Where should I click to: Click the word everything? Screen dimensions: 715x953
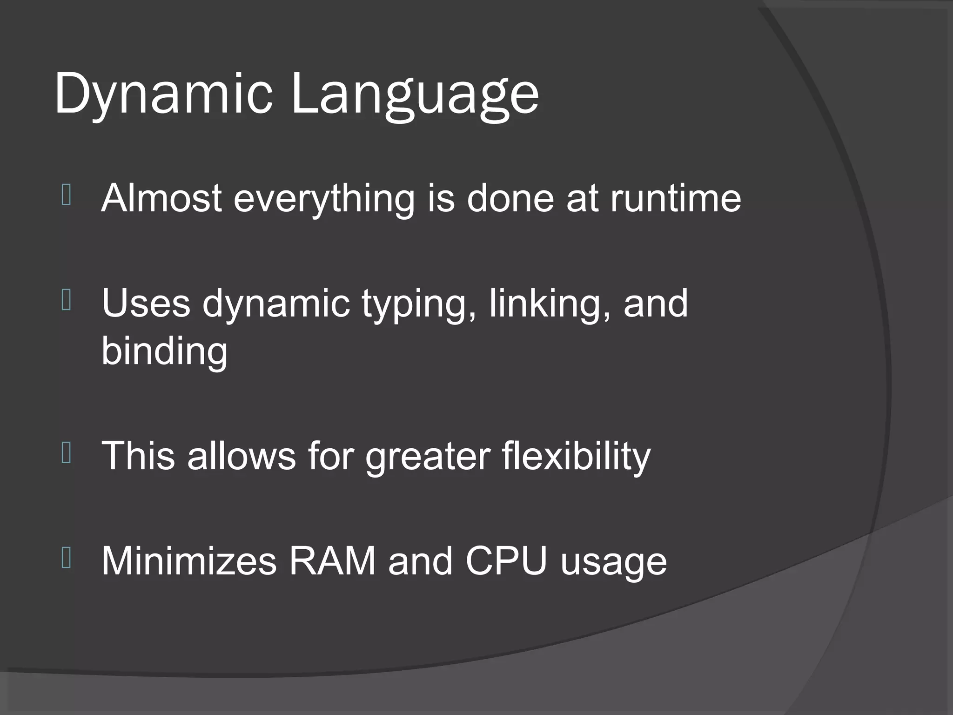324,199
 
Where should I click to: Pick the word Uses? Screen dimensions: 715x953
146,303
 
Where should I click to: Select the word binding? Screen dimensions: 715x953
164,352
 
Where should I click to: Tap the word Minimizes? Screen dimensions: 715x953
189,561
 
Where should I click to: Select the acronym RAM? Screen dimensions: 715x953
332,561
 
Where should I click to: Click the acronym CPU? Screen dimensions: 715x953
506,561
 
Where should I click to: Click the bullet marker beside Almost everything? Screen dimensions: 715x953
66,195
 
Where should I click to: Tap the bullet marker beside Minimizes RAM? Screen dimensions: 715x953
66,558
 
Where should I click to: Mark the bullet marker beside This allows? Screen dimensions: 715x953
66,452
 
